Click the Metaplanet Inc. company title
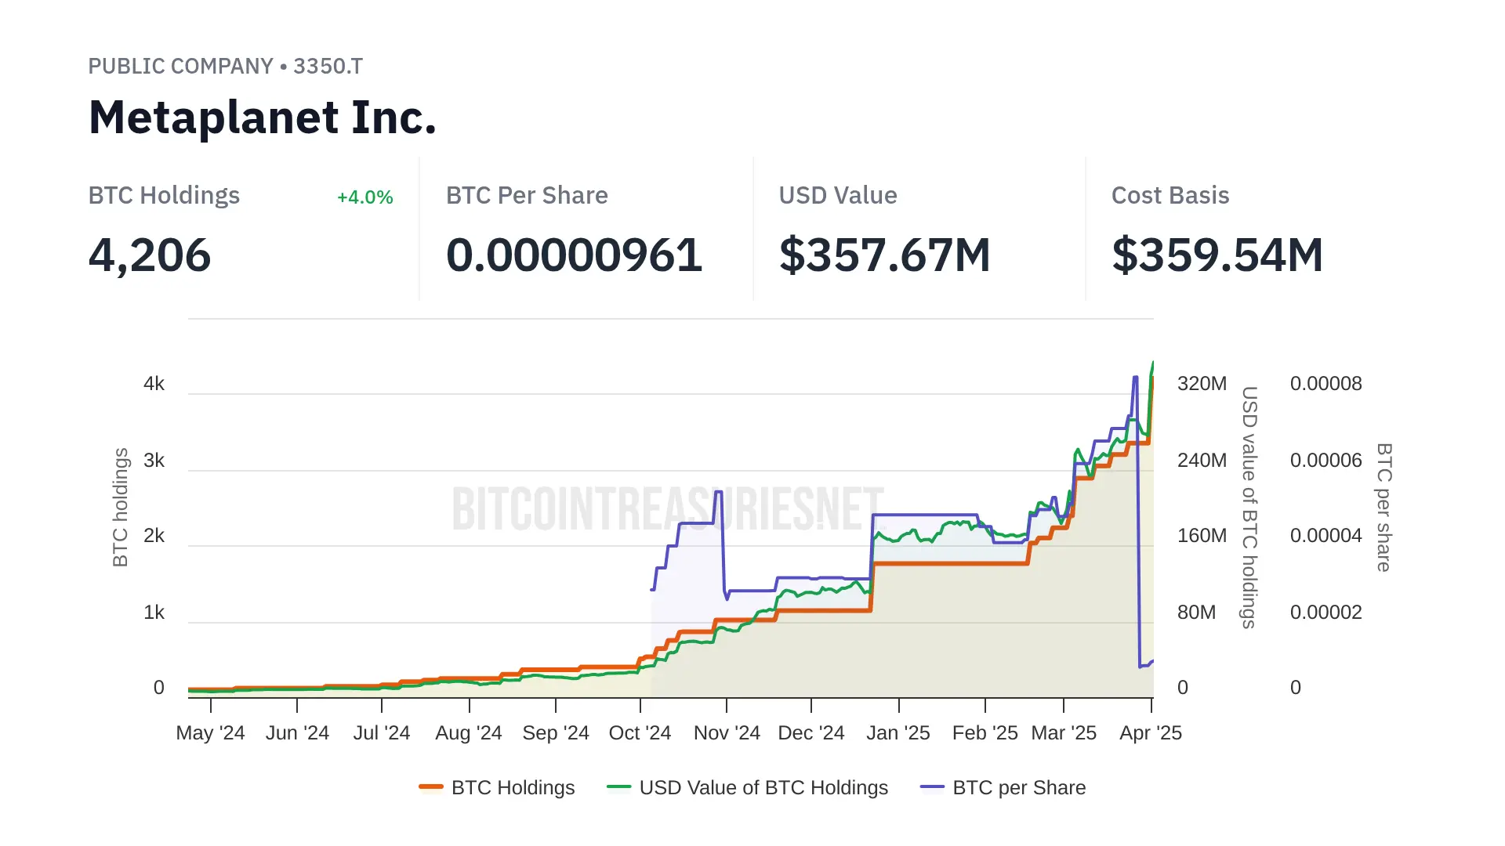click(262, 117)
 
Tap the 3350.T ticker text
click(328, 67)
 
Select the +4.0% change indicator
click(364, 197)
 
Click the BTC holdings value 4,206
click(150, 255)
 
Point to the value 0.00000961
click(574, 255)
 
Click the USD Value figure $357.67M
click(884, 255)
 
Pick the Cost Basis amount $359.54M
click(1217, 255)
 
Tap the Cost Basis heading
click(1170, 196)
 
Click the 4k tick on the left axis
click(154, 384)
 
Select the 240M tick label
click(1202, 461)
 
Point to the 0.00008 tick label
click(1325, 384)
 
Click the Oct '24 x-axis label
click(640, 733)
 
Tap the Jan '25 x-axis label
click(898, 733)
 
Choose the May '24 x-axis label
click(210, 733)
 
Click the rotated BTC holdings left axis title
click(120, 507)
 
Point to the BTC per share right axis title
click(1384, 507)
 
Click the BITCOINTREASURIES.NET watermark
click(668, 508)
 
